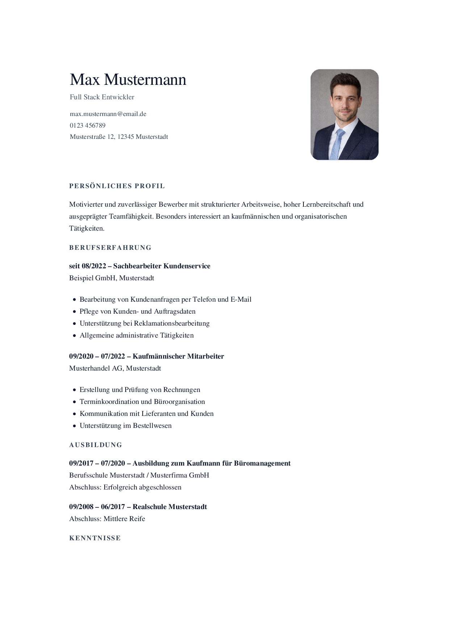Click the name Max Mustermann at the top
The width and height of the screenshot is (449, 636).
pos(128,80)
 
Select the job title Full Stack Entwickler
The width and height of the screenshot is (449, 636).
pos(102,97)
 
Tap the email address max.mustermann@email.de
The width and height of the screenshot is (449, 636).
pos(108,114)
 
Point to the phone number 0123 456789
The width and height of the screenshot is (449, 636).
pos(88,125)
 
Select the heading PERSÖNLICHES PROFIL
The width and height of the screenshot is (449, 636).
pos(117,186)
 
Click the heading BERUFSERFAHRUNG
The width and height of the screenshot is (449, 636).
pos(110,248)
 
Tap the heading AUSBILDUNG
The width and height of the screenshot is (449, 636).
pos(96,445)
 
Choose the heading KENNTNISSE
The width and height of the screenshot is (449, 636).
pos(95,538)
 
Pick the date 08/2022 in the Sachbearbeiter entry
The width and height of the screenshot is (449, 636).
pos(94,266)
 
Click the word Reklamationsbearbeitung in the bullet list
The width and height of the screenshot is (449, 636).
pos(172,323)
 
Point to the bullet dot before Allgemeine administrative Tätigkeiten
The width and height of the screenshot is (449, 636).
pos(74,336)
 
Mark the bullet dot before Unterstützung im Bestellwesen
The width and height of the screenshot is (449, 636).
pos(74,426)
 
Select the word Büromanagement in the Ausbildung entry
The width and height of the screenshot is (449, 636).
pos(262,463)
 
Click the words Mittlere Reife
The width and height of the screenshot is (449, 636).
pos(124,519)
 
